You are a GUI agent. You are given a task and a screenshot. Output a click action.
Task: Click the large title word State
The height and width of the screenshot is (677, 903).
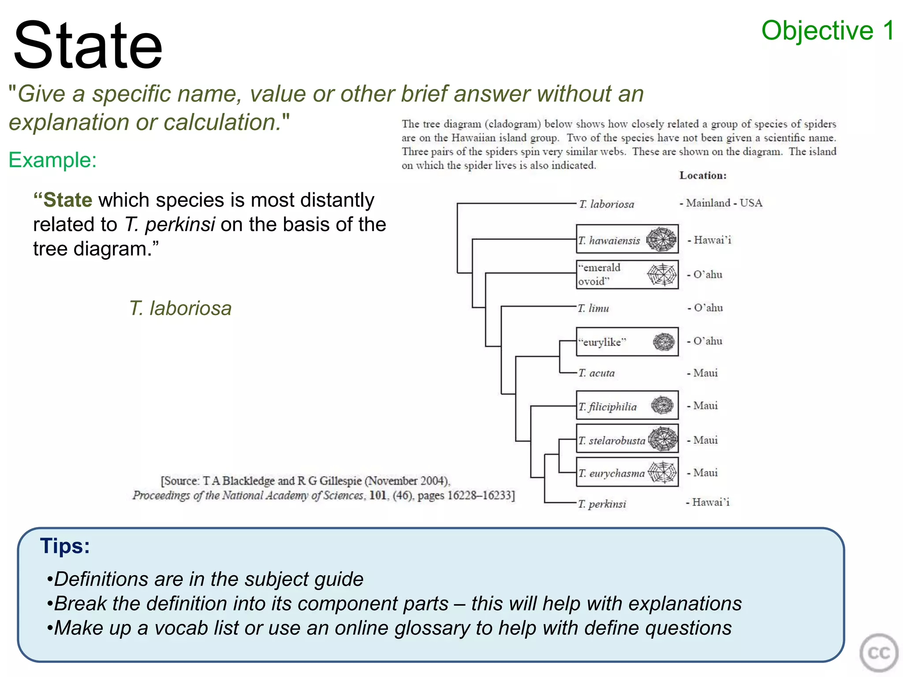coord(88,45)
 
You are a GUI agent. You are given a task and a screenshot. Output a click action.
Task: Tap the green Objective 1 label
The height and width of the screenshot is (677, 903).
coord(828,31)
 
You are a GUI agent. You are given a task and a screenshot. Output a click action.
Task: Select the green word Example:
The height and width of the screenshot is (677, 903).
coord(52,160)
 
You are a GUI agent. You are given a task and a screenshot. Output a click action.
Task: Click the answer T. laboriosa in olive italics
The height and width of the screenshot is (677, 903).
coord(180,308)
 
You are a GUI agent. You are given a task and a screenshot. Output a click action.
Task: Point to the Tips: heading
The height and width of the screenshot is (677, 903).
coord(65,546)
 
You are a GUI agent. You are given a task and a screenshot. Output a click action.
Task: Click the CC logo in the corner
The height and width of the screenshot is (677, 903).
coord(878,653)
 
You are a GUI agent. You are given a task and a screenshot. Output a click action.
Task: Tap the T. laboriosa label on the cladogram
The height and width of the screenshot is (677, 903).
coord(607,204)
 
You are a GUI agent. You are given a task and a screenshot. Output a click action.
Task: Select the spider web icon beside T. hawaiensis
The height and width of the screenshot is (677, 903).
coord(661,239)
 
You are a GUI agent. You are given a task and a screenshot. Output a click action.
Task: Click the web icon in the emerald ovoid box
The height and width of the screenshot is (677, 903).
coord(662,274)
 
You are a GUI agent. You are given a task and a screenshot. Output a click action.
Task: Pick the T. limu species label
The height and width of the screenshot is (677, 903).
coord(593,308)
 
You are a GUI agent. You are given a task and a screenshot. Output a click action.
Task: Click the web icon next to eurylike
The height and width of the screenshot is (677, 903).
coord(664,342)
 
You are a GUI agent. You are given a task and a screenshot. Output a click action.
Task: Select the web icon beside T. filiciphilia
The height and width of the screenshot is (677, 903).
coord(662,405)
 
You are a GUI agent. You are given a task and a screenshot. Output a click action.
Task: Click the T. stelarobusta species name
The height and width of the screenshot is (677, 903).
coord(612,440)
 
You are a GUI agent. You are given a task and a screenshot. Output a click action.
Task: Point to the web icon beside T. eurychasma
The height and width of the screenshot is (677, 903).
coord(662,472)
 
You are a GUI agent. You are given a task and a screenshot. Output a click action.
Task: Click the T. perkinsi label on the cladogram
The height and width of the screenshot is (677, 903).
coord(602,504)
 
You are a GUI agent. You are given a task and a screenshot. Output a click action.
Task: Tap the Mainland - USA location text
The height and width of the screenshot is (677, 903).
coord(721,203)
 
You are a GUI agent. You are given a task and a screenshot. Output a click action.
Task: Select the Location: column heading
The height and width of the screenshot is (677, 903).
coord(703,175)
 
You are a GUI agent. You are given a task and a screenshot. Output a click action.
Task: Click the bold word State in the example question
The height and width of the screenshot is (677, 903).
coord(67,200)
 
